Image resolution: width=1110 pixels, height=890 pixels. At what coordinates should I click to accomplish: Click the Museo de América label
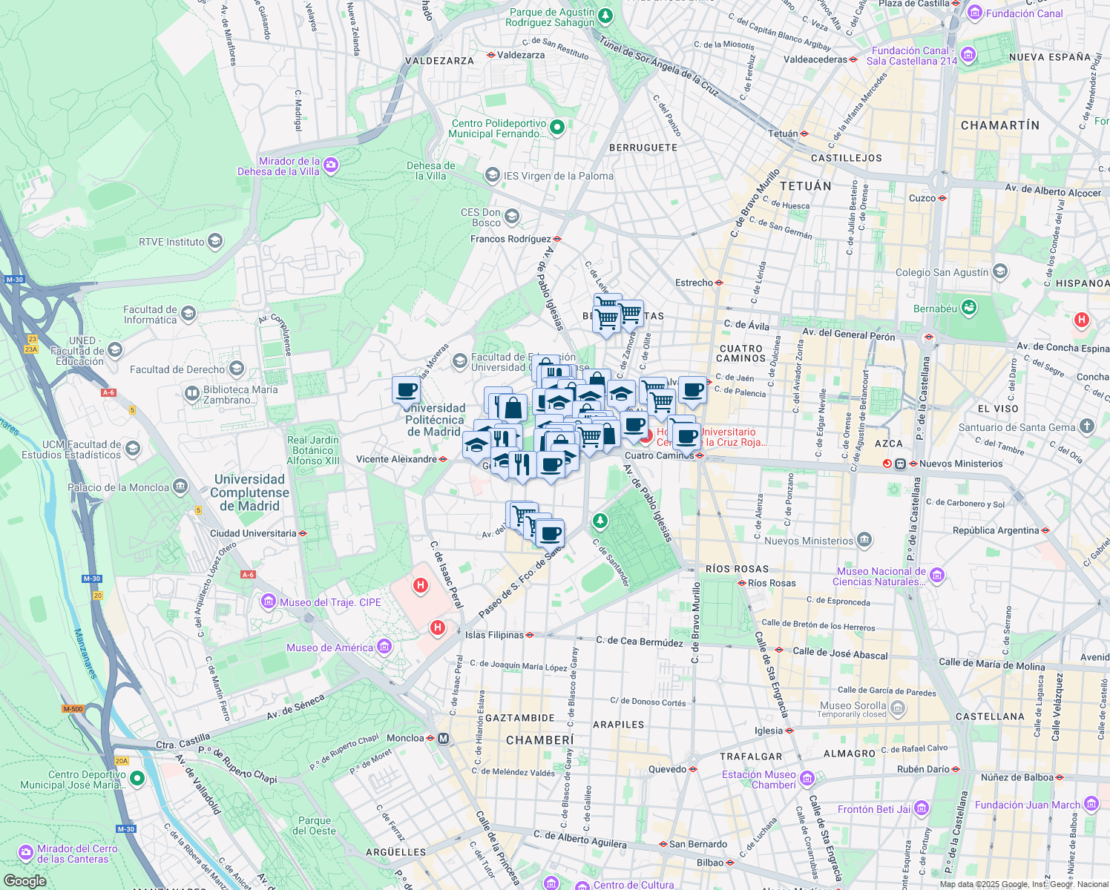(329, 647)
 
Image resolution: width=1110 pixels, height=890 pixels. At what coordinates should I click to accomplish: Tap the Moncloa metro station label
(405, 738)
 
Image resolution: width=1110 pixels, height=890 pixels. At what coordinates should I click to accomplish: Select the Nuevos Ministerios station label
(961, 464)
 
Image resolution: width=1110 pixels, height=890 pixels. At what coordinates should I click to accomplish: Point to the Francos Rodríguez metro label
(510, 239)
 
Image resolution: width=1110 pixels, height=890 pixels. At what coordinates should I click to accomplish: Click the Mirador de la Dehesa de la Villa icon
(331, 165)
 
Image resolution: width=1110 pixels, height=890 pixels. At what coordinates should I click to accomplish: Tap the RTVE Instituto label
(171, 242)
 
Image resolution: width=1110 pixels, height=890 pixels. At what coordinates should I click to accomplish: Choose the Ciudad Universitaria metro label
(253, 533)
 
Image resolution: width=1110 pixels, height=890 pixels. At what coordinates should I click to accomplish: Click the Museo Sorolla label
(853, 705)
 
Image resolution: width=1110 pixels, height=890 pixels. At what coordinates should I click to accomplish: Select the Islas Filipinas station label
(494, 635)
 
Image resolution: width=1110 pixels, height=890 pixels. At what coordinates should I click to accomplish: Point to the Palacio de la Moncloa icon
(180, 487)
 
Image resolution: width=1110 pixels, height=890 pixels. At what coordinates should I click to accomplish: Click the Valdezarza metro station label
(521, 55)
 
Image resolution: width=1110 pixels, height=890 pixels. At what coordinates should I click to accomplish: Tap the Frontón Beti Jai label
(874, 809)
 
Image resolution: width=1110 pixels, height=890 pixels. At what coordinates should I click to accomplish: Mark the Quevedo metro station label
(668, 769)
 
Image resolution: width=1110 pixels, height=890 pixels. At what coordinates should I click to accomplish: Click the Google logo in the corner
(24, 881)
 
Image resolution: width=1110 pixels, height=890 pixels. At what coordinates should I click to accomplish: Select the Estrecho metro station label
(694, 283)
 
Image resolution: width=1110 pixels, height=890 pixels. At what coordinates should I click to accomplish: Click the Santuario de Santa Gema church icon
(1087, 426)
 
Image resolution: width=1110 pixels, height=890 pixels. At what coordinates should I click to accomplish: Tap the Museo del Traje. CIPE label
(330, 602)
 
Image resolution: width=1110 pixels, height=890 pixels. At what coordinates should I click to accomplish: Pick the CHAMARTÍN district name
(1000, 125)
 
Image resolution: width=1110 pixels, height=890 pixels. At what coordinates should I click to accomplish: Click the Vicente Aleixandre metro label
(396, 459)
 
